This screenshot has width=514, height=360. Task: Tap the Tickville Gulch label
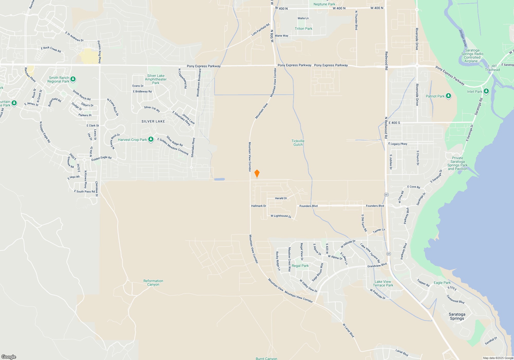298,143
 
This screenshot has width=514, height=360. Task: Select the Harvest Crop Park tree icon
151,139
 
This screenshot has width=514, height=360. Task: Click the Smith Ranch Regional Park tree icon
73,79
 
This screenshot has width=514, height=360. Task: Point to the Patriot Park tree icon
448,96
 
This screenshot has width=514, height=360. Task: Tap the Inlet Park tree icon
486,91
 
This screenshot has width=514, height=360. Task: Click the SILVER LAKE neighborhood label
153,121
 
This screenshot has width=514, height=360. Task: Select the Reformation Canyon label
153,283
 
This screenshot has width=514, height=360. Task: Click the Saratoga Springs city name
457,316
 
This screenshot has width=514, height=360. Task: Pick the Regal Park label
300,266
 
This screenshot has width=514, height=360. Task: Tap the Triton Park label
304,29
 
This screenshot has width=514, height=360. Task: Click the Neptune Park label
324,4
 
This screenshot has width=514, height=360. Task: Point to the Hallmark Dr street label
259,206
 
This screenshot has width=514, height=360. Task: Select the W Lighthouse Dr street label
281,216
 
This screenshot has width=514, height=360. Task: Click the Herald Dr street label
281,198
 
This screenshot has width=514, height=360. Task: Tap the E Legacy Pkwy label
398,144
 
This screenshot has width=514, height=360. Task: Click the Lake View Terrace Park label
383,283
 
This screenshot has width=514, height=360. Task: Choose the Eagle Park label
442,283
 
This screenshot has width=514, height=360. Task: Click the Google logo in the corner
9,357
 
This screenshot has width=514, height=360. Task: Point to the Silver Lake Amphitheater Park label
156,79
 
